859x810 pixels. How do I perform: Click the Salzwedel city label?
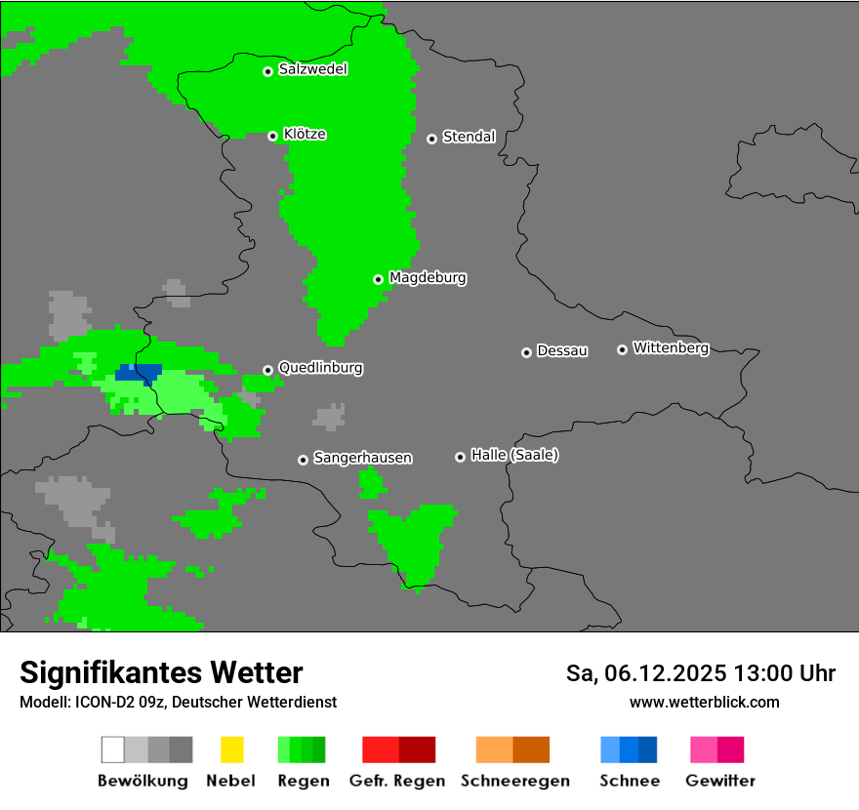tap(312, 69)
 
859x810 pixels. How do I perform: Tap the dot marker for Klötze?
tap(272, 136)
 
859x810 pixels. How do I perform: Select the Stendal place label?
tap(469, 137)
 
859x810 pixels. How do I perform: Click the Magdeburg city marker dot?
tap(378, 279)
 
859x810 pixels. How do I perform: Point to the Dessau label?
tap(562, 350)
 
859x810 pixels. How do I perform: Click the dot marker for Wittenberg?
tap(622, 349)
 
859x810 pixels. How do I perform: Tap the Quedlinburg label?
tap(320, 368)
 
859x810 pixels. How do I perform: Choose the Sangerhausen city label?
tap(362, 458)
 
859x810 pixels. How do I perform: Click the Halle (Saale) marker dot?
tap(460, 457)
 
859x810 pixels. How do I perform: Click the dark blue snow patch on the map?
tap(137, 373)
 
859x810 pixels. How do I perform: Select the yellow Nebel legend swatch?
tap(231, 749)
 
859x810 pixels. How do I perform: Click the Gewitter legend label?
tap(720, 781)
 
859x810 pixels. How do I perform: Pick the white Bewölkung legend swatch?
tap(113, 749)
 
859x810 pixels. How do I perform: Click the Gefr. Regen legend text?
tap(396, 781)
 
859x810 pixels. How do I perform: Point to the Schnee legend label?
tap(630, 781)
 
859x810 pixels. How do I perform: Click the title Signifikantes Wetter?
tap(161, 672)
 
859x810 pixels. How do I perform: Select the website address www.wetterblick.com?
tap(704, 702)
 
